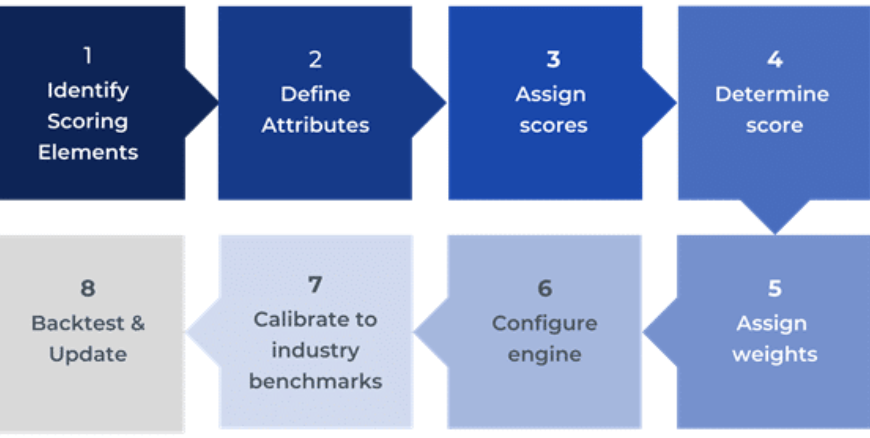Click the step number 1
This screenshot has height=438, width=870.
pos(87,55)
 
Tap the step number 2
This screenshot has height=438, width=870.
pos(315,60)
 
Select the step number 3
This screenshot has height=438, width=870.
pos(553,60)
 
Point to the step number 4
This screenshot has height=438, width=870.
pos(775,60)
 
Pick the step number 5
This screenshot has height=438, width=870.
pos(775,289)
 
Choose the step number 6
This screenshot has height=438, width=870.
pos(544,289)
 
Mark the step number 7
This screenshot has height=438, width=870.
pos(315,285)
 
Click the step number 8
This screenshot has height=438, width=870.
pos(87,289)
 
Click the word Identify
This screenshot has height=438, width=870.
pos(88,91)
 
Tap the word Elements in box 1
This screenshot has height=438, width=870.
pos(88,152)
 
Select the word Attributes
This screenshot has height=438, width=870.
pos(315,125)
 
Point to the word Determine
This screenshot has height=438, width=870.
pos(772,94)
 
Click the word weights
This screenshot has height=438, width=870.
pos(775,354)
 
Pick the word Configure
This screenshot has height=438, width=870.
pos(544,324)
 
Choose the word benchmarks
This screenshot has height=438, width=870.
pos(315,382)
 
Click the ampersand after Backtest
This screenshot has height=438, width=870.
pos(138,324)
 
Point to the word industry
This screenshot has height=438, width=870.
pos(315,350)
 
